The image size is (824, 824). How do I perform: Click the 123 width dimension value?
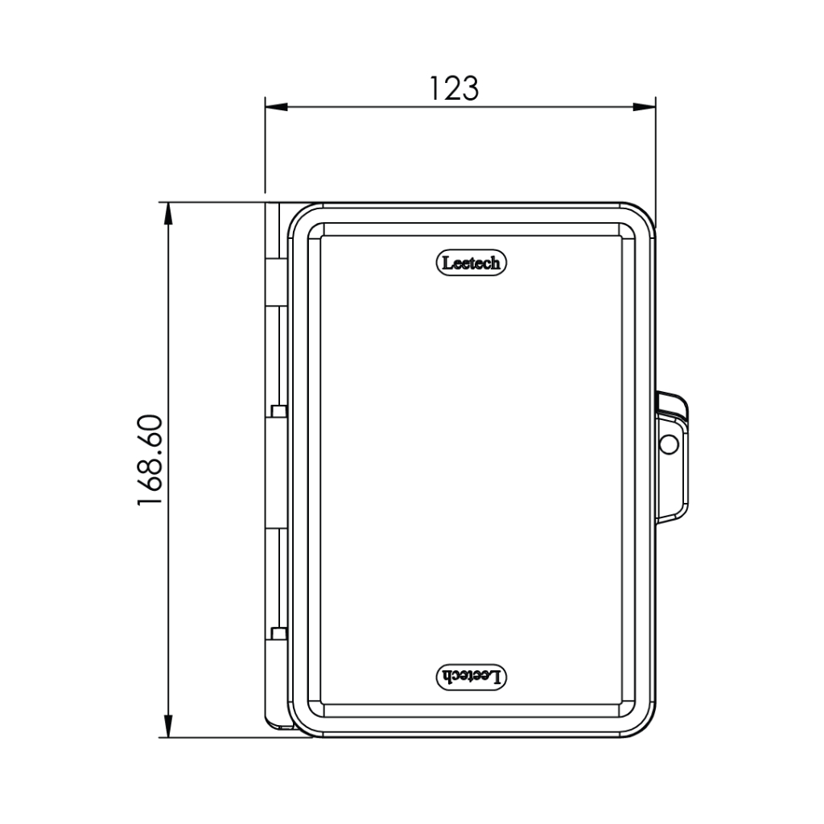[455, 89]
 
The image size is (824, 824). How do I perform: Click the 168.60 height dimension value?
[150, 459]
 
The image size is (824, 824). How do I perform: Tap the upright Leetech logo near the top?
[472, 263]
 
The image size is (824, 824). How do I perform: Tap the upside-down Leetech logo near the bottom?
[472, 677]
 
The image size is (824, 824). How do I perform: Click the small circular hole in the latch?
[669, 444]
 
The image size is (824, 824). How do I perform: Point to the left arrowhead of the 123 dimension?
[277, 107]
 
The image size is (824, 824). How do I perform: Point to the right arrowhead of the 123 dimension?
[645, 107]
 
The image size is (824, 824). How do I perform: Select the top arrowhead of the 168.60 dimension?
[168, 213]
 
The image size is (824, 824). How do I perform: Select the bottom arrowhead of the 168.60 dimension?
[168, 726]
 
